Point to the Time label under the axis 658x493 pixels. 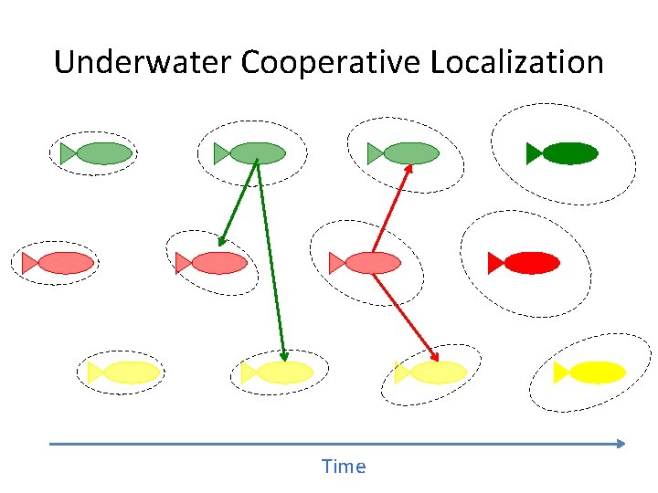(344, 467)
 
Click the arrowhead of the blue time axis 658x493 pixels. (621, 444)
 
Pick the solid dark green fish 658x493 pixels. (569, 153)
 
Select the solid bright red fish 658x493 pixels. (531, 263)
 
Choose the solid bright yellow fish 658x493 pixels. (597, 372)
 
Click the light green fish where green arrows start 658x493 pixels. (257, 153)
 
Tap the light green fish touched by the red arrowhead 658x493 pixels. (410, 153)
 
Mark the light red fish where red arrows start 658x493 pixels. (372, 263)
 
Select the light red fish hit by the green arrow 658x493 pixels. (218, 263)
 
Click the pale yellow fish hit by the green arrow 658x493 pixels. (284, 372)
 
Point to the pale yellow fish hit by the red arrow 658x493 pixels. (438, 372)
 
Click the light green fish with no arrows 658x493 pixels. (103, 153)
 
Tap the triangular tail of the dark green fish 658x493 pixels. (533, 153)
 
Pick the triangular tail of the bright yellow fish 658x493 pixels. (561, 372)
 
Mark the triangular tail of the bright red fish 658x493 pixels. (494, 263)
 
